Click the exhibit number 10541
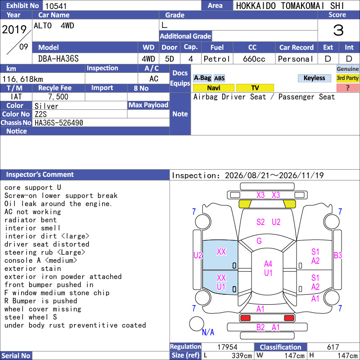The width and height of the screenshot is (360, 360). click(56, 6)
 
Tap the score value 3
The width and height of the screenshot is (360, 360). click(338, 30)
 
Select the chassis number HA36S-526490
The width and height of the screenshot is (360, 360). click(59, 123)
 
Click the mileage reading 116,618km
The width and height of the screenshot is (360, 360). click(22, 79)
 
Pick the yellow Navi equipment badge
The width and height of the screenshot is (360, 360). click(213, 88)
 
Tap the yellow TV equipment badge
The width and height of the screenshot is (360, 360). click(255, 88)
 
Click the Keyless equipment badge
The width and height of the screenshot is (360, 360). click(314, 78)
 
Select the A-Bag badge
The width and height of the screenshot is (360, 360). click(202, 78)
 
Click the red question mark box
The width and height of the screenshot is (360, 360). click(347, 88)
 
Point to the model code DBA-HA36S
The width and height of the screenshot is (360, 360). click(58, 59)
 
